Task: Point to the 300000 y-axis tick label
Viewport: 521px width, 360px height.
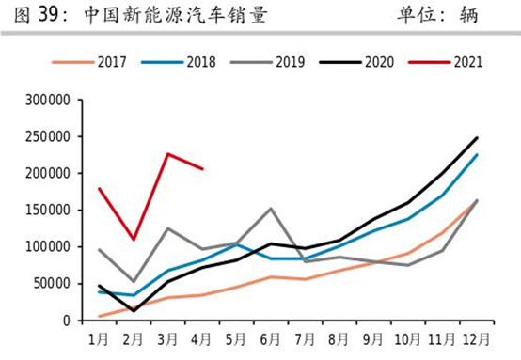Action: (x=43, y=100)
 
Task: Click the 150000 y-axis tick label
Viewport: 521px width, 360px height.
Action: (x=43, y=210)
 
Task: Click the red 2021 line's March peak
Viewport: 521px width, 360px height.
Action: (x=167, y=154)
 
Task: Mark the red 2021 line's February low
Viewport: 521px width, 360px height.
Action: (x=134, y=240)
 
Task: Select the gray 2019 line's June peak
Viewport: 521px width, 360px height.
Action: (x=271, y=209)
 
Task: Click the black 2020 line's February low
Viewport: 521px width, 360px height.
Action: (x=134, y=310)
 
